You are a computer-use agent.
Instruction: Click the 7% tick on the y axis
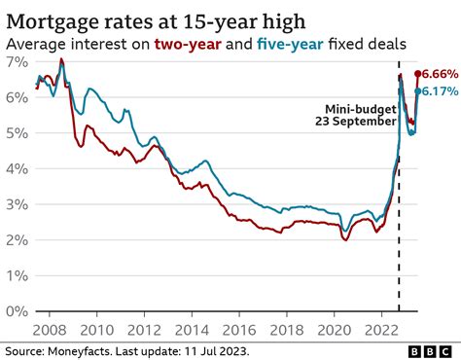point(15,61)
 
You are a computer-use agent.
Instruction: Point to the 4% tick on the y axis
point(15,168)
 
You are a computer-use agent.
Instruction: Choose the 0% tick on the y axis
point(15,311)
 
